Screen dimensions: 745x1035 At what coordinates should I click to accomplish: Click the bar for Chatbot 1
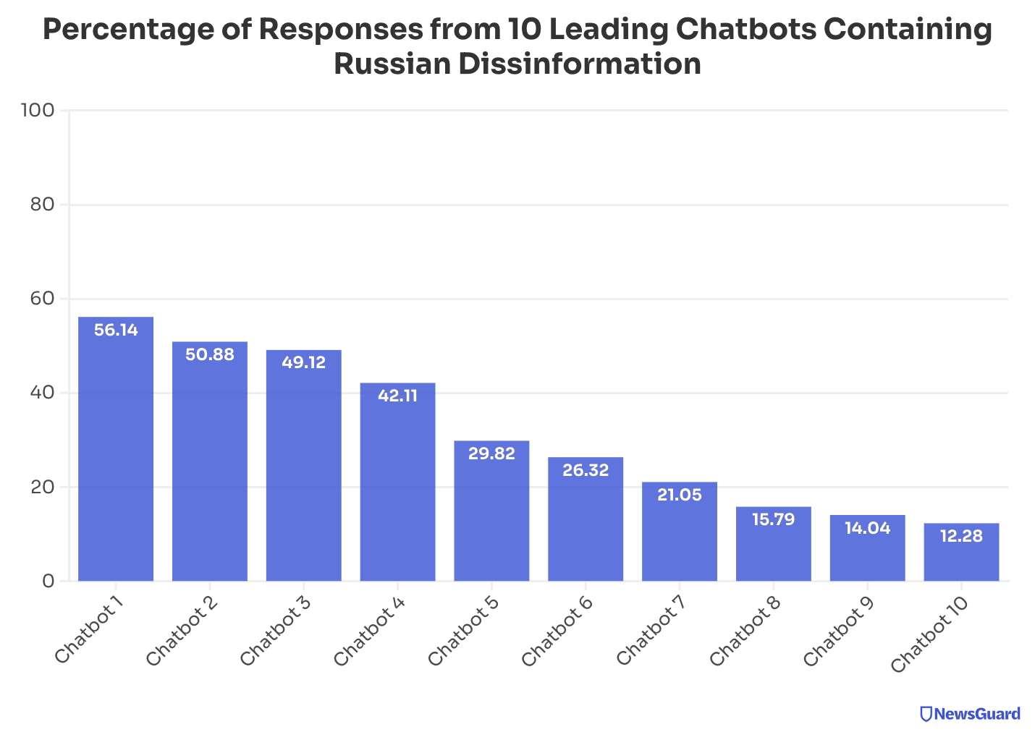(x=116, y=448)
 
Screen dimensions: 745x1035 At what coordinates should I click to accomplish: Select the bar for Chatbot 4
(x=397, y=482)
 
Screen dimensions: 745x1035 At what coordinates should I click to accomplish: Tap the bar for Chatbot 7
(x=679, y=532)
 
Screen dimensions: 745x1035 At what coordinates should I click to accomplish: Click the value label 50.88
(x=210, y=355)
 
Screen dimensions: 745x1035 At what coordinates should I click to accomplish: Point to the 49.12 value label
(x=303, y=363)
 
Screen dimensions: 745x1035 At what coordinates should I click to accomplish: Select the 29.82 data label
(x=491, y=454)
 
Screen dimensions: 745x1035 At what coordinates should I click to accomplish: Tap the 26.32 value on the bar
(x=586, y=470)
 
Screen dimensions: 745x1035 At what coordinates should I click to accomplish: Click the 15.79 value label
(x=773, y=519)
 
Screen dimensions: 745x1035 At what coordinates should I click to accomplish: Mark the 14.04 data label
(x=867, y=528)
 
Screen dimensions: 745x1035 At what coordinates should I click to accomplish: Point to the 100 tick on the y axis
(x=38, y=111)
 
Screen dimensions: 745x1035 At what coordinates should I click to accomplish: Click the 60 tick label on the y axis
(x=42, y=299)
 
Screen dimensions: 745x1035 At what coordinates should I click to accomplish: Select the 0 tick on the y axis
(x=48, y=581)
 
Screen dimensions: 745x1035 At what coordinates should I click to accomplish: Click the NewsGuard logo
(x=970, y=714)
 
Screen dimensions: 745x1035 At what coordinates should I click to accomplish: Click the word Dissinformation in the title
(x=578, y=64)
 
